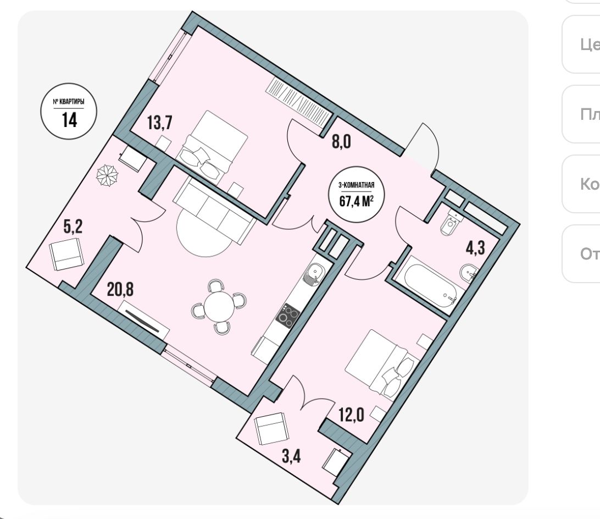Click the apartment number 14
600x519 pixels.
[69, 119]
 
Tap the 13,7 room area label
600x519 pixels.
[160, 123]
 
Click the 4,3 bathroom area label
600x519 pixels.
[476, 248]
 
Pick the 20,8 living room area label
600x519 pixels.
[121, 289]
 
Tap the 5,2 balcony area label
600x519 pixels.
[73, 227]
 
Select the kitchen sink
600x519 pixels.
[314, 273]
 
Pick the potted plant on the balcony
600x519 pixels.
[107, 176]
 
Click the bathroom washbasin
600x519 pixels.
[468, 272]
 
